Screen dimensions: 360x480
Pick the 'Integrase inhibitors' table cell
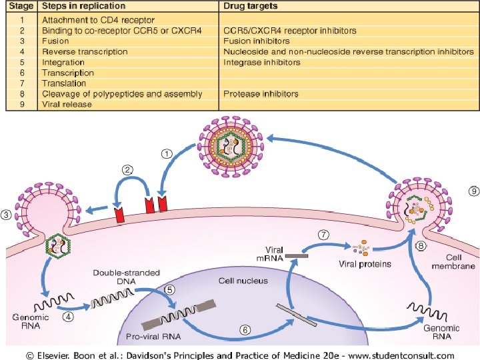pyautogui.click(x=262, y=62)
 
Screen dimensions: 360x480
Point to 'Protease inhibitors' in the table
pyautogui.click(x=261, y=94)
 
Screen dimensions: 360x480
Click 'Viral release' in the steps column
pyautogui.click(x=67, y=105)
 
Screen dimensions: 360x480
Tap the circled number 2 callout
pyautogui.click(x=126, y=170)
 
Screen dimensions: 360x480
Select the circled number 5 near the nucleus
pyautogui.click(x=170, y=290)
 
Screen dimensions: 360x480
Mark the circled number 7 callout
pyautogui.click(x=323, y=235)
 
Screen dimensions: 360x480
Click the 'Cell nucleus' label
pyautogui.click(x=242, y=280)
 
